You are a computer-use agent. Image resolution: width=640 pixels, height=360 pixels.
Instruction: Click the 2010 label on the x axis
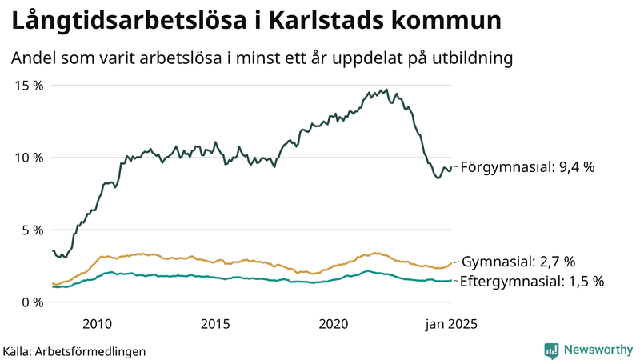(97, 323)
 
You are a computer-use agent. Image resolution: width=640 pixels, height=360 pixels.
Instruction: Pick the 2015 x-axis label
(215, 323)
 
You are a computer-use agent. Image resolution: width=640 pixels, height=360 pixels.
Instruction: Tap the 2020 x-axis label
(334, 323)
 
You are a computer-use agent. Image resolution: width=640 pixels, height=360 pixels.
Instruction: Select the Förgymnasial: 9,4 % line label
(528, 167)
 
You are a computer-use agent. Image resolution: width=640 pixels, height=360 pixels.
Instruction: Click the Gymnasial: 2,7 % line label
(518, 262)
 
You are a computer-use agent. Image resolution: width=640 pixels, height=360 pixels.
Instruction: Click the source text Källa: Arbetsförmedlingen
(74, 351)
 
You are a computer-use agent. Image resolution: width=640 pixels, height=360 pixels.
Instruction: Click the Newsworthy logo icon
(551, 350)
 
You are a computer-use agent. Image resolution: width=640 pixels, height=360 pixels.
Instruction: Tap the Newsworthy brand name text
(598, 350)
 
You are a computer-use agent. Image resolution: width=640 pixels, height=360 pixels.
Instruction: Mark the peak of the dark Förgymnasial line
(386, 90)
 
